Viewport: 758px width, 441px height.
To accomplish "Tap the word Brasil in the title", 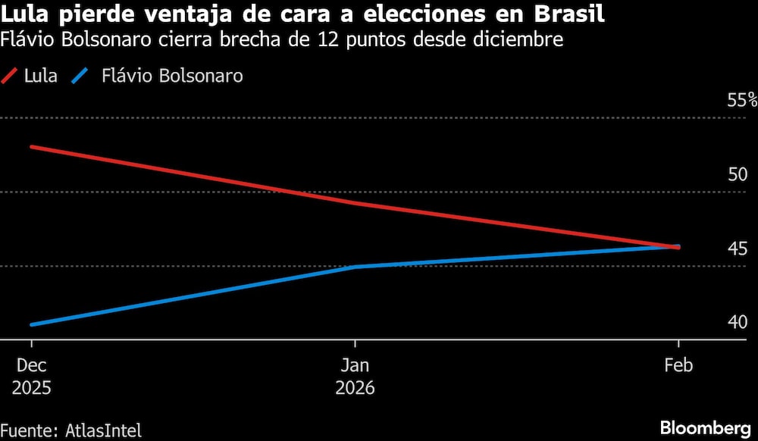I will click(x=569, y=14).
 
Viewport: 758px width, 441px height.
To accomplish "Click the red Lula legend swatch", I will click(x=11, y=76).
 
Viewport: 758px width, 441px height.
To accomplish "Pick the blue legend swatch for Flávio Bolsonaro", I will click(x=80, y=76).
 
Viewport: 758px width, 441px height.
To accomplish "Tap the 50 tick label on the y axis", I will click(x=738, y=174).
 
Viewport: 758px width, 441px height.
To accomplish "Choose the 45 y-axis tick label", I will click(x=738, y=249).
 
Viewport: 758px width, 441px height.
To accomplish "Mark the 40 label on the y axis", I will click(x=738, y=323).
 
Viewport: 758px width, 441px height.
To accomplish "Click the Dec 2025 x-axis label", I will click(x=31, y=376).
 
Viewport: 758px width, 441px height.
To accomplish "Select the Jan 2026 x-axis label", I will click(x=355, y=376).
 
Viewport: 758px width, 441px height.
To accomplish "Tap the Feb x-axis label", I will click(x=678, y=365).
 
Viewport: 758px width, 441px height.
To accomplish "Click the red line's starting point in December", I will click(x=31, y=146).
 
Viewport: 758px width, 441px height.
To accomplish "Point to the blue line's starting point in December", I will click(x=31, y=324).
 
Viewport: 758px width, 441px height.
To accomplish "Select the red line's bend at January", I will click(x=355, y=203).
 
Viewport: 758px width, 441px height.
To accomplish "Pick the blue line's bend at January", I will click(x=355, y=267).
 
